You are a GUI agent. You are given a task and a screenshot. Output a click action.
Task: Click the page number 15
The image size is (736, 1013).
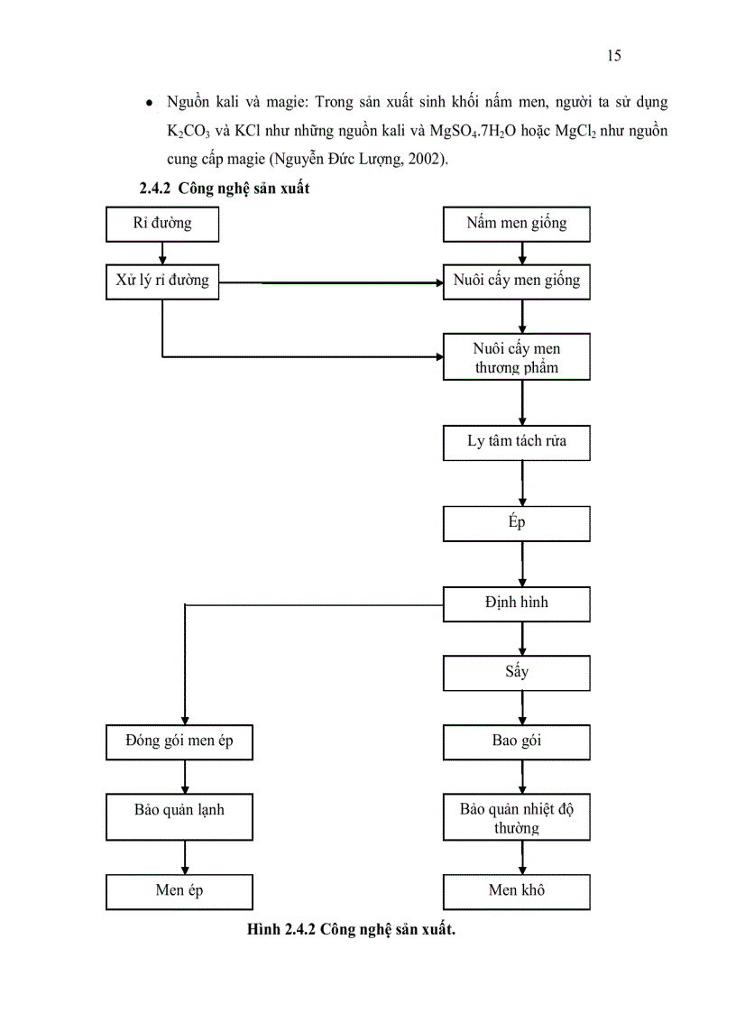click(x=613, y=56)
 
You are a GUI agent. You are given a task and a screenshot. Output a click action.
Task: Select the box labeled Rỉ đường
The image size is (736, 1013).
click(x=162, y=225)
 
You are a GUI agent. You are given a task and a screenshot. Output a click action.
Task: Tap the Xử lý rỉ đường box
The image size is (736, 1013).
click(x=162, y=281)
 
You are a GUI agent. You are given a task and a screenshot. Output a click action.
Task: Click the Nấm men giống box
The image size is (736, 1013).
click(x=517, y=225)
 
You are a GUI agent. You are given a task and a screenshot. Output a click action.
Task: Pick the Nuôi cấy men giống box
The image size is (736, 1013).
click(x=517, y=281)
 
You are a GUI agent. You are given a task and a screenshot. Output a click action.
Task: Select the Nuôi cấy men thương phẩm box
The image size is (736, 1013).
click(x=517, y=357)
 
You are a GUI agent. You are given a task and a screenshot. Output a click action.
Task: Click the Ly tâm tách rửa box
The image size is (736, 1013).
click(x=517, y=442)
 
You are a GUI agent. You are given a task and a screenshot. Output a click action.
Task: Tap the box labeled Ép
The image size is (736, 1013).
click(x=517, y=523)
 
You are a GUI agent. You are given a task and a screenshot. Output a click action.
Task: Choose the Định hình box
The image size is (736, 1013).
click(x=517, y=604)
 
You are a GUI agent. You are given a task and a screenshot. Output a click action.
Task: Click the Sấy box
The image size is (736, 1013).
click(x=517, y=672)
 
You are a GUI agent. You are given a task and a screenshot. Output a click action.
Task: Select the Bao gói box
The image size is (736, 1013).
click(x=517, y=741)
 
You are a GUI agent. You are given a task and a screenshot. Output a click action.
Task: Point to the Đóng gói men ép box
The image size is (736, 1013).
click(x=179, y=741)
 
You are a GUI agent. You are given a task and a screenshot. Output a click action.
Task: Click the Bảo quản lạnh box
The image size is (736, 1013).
click(x=179, y=815)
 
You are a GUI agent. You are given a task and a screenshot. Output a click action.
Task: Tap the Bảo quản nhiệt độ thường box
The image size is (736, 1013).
click(x=517, y=817)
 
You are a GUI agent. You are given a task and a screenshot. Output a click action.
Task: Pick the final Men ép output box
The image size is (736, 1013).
click(x=179, y=891)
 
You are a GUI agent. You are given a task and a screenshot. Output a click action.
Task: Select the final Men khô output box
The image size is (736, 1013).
click(x=517, y=891)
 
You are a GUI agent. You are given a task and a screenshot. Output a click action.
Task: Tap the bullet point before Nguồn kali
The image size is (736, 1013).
click(x=148, y=106)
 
